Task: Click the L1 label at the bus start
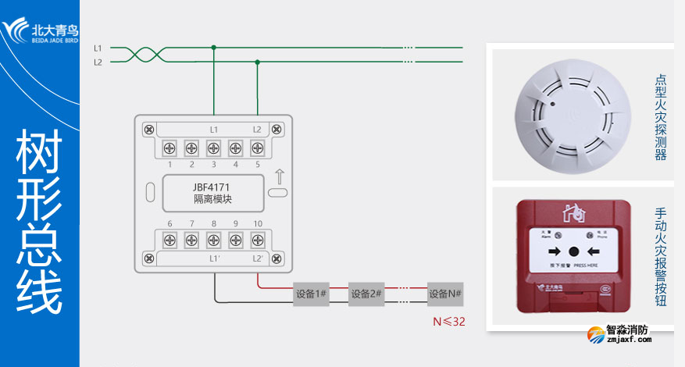pos(98,48)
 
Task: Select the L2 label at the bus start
pos(98,62)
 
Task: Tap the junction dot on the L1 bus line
pos(213,48)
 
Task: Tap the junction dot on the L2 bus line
pos(257,62)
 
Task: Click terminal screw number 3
pos(213,147)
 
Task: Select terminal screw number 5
pos(257,147)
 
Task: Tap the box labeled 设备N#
pos(446,294)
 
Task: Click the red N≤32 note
pos(449,321)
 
